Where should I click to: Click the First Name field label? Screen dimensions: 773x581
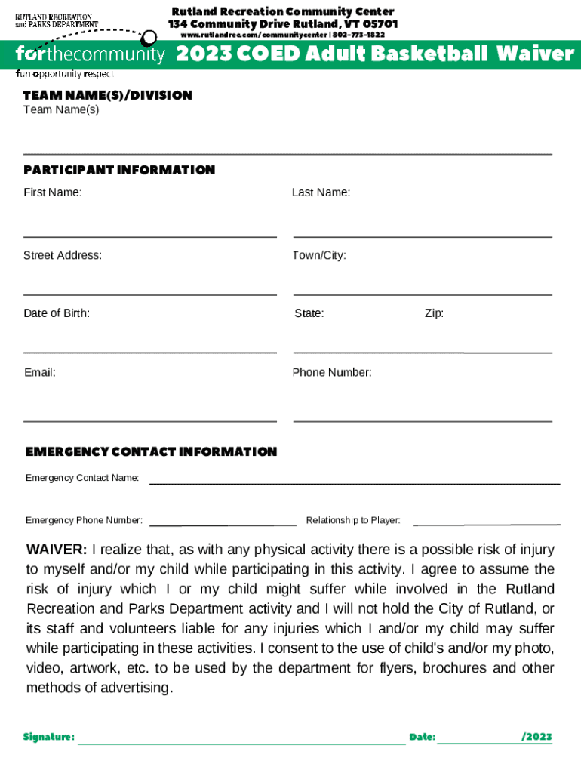tap(53, 192)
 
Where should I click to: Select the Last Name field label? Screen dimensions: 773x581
tap(321, 192)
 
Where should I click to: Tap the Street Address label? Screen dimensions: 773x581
tap(63, 255)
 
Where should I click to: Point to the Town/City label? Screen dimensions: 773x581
tap(319, 255)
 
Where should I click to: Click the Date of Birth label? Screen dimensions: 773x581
tap(57, 313)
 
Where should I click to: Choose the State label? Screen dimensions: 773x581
tap(309, 313)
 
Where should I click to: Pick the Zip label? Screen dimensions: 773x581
tap(434, 313)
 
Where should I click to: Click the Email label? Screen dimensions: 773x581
tap(39, 372)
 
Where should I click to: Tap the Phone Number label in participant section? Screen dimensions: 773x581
tap(332, 372)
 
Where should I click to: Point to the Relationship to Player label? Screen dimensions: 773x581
tap(353, 520)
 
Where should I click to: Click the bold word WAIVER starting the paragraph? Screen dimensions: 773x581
tap(57, 550)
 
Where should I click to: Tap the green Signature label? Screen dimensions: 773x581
tap(49, 737)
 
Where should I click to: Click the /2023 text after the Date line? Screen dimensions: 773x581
tap(536, 737)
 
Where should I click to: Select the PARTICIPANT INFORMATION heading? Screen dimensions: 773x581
tap(119, 170)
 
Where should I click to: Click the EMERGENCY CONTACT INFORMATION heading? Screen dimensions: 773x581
tap(152, 451)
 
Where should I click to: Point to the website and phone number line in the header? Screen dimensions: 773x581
tap(282, 35)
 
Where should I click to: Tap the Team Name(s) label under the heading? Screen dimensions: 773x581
tap(61, 110)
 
